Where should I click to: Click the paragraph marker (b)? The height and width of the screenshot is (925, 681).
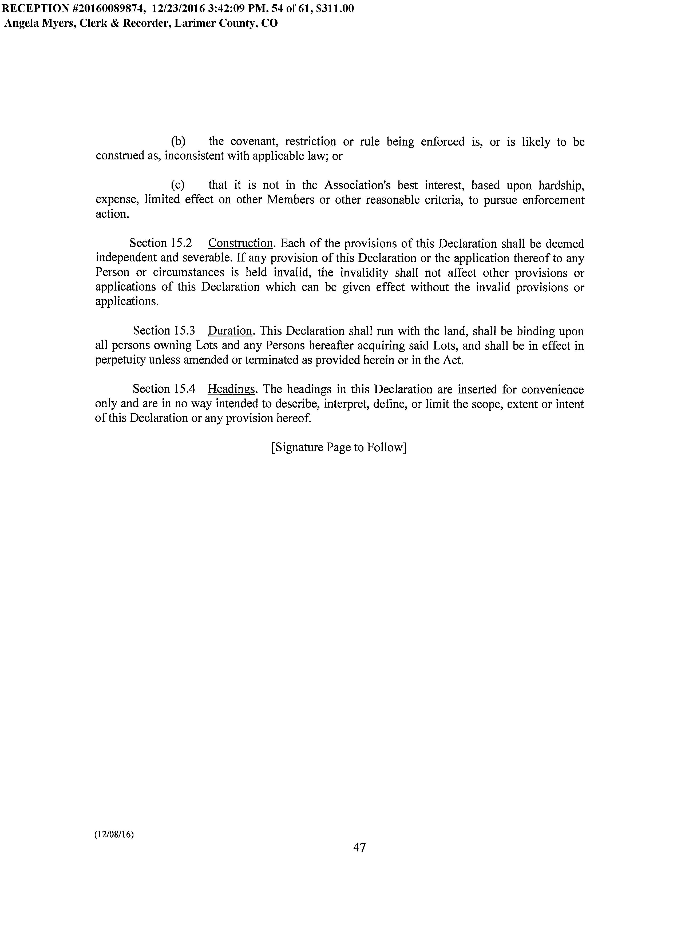(x=178, y=142)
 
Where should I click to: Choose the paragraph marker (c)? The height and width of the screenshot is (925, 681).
(x=178, y=185)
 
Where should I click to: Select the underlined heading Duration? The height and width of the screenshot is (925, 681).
(x=230, y=331)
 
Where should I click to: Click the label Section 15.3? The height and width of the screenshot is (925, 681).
(x=164, y=331)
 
